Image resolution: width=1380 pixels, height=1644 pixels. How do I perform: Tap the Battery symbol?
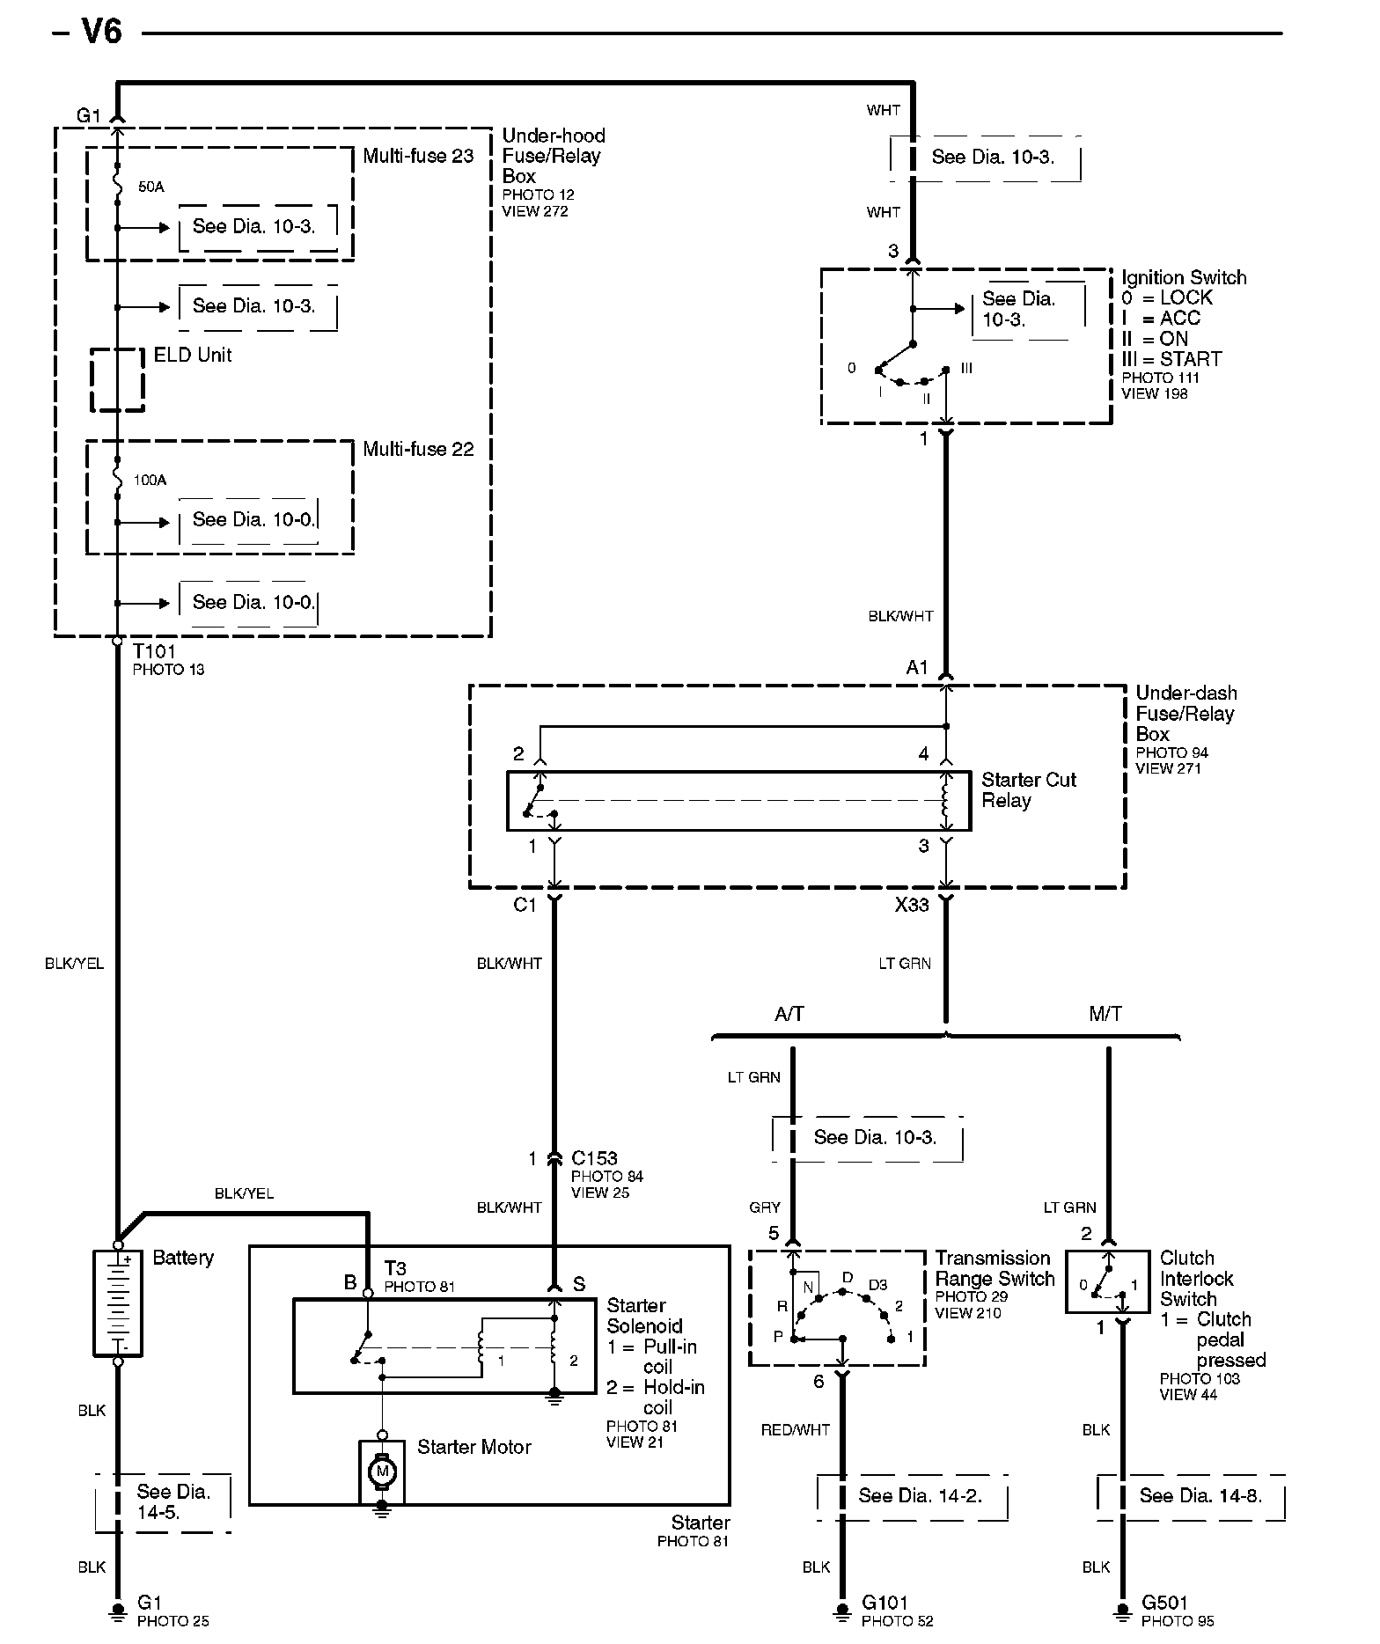(117, 1303)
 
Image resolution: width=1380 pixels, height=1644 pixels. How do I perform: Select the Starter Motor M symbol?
(382, 1471)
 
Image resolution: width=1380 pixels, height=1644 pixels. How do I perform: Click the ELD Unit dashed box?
(117, 380)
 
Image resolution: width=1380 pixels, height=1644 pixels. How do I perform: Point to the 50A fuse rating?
(150, 187)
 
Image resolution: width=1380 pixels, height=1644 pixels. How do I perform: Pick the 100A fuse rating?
(150, 481)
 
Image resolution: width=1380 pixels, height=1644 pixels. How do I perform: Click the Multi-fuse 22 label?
(418, 450)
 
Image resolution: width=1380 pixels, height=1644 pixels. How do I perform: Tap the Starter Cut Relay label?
(1028, 790)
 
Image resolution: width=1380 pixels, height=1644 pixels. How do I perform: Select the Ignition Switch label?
(1184, 278)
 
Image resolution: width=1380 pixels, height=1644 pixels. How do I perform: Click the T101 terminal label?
(154, 652)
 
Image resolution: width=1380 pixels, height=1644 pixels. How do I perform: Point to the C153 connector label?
(594, 1158)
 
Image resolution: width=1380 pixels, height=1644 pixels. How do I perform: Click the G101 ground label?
(885, 1603)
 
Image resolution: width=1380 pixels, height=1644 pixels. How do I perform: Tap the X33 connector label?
(912, 906)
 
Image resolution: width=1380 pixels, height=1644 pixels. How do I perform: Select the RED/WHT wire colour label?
(795, 1430)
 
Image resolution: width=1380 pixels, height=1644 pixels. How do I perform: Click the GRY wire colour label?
(765, 1208)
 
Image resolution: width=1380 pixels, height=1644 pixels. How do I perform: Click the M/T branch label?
(1105, 1015)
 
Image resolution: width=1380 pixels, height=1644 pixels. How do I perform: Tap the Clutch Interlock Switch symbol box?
(1107, 1282)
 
